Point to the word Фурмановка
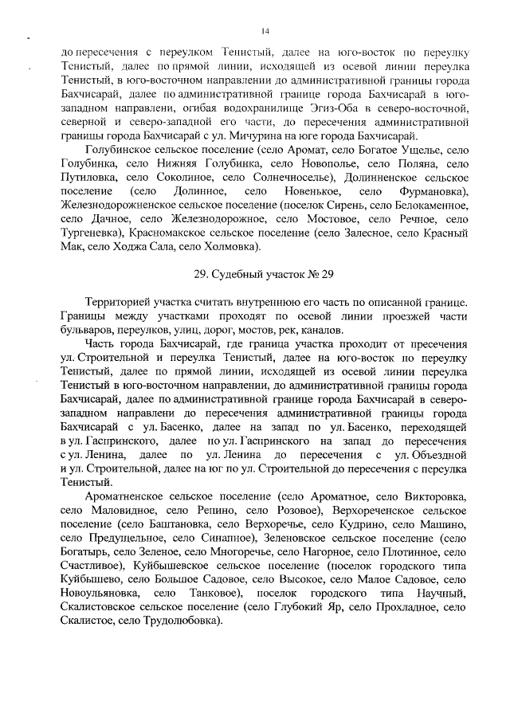pyautogui.click(x=427, y=194)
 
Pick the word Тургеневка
pyautogui.click(x=89, y=231)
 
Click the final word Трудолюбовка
pyautogui.click(x=182, y=621)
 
